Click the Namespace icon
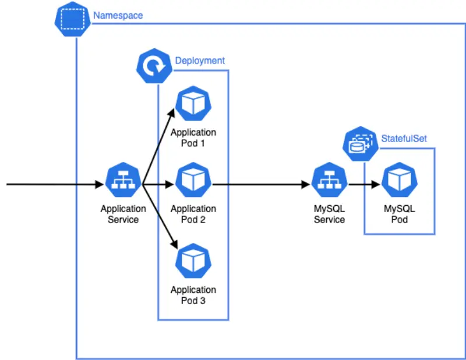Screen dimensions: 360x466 (x=73, y=19)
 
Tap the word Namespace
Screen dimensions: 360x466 (x=118, y=16)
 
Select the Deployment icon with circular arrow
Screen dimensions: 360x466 (x=154, y=66)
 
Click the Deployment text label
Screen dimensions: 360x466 (x=200, y=61)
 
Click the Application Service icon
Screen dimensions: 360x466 (x=123, y=181)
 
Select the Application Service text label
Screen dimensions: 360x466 (x=123, y=214)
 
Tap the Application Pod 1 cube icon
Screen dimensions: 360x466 (x=193, y=104)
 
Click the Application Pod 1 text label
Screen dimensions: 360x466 (x=193, y=138)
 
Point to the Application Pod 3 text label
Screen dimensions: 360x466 (x=193, y=295)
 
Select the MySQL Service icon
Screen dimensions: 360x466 (x=329, y=181)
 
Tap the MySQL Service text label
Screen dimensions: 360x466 (x=329, y=214)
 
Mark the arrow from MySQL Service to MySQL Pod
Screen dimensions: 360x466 (x=364, y=185)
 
